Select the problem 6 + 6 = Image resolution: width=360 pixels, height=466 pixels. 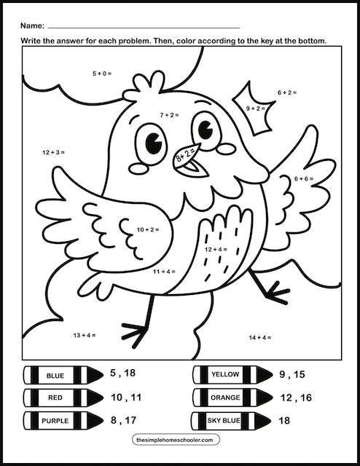[304, 178]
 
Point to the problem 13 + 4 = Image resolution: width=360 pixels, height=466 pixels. [85, 335]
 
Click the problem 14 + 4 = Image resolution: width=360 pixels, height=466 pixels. [259, 337]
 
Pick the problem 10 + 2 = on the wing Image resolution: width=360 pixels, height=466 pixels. [148, 229]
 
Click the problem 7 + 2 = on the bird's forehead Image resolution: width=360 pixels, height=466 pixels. [169, 115]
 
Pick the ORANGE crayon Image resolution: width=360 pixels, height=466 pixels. [225, 398]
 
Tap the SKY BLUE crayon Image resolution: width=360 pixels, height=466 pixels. [225, 421]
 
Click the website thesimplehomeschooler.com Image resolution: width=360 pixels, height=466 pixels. [179, 441]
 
